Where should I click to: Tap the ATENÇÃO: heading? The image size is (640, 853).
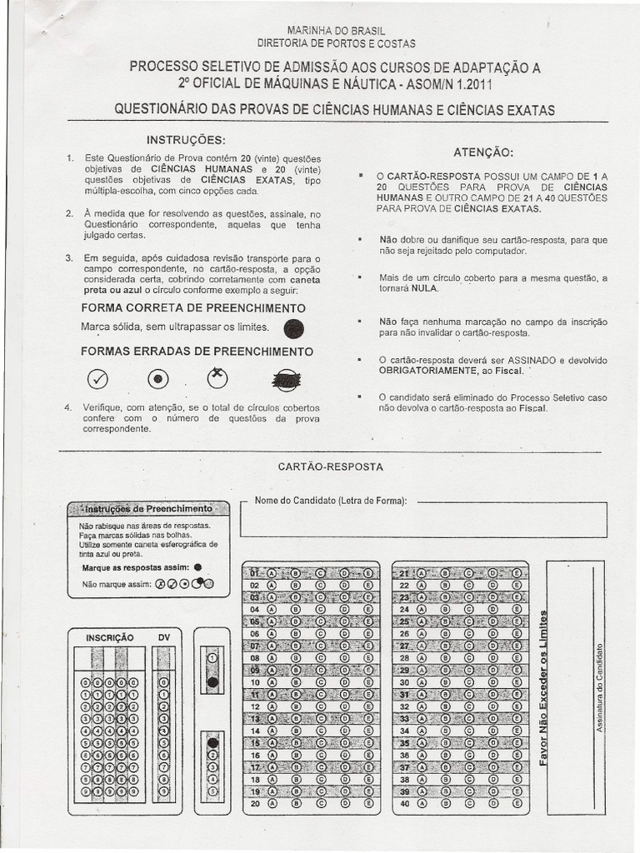(482, 153)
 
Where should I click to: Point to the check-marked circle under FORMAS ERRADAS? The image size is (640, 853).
(98, 379)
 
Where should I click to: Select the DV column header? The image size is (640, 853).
(163, 637)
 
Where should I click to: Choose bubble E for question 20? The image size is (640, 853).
(367, 805)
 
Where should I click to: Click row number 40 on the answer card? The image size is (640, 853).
(405, 805)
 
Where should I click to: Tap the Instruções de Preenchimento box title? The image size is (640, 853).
(150, 508)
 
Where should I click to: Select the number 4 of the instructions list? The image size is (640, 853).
(67, 407)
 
